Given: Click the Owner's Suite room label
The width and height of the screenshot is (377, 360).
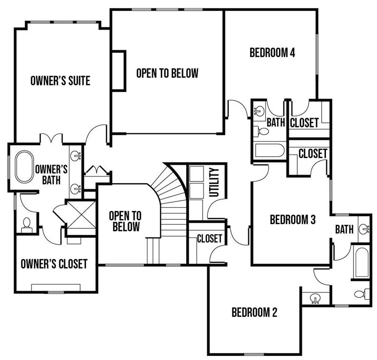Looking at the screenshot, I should [60, 80].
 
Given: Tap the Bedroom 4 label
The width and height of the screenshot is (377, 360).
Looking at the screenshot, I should [272, 52].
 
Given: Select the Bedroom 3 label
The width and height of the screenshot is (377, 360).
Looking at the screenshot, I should [293, 219].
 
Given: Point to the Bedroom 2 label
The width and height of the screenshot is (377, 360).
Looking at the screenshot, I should [255, 312].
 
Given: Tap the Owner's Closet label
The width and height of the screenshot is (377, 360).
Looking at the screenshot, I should [54, 264].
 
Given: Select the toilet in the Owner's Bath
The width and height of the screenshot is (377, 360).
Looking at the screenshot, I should [27, 224].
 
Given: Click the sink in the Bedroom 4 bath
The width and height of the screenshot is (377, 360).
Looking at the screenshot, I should [259, 111].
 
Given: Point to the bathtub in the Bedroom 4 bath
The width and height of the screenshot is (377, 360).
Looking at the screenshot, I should [270, 151].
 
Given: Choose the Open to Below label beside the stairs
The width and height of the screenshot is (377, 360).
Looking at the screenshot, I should [124, 221].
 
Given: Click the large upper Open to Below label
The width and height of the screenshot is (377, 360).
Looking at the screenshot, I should [167, 73].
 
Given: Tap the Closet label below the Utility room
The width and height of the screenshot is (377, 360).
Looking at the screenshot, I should [209, 238].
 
